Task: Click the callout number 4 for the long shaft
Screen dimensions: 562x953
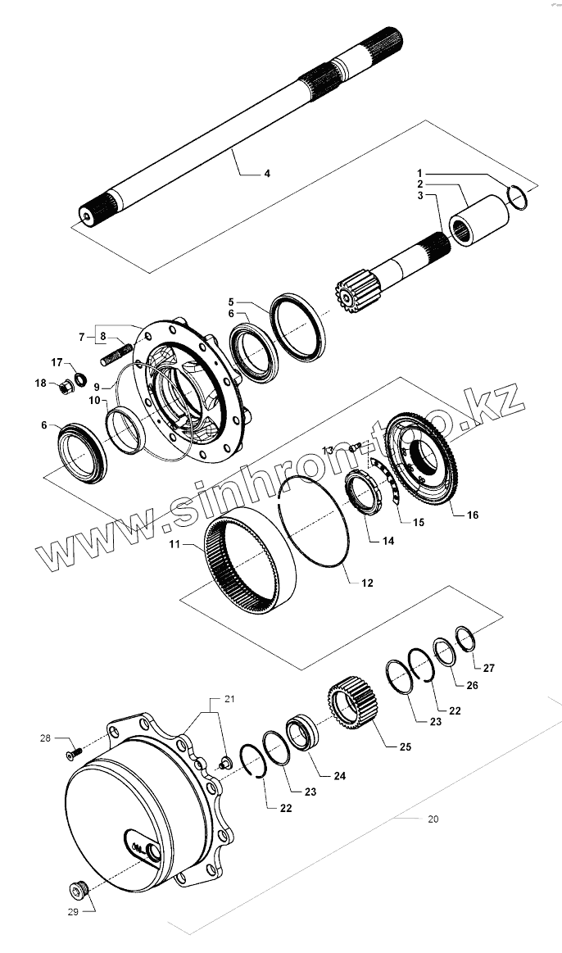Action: point(267,174)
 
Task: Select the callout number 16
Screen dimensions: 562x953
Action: point(472,515)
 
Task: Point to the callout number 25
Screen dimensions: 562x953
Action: point(405,747)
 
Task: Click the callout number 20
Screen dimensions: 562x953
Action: point(433,819)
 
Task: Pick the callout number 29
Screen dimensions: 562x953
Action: point(72,912)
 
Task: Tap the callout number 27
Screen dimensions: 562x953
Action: point(489,668)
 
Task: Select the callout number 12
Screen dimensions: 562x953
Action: point(367,583)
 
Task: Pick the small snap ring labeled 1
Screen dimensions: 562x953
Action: point(517,197)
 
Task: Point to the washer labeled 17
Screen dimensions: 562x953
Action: point(82,378)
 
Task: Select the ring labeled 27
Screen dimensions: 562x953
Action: point(465,638)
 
